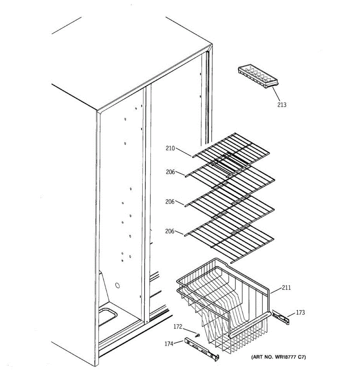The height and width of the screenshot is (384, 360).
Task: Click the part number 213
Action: [282, 105]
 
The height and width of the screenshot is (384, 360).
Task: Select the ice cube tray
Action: [258, 77]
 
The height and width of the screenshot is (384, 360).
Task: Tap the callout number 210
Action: [170, 148]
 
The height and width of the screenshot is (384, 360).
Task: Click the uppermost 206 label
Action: [170, 172]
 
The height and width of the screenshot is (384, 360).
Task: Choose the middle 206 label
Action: [170, 202]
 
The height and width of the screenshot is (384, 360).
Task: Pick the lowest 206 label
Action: [170, 231]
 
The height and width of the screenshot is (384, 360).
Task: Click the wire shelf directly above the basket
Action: [230, 238]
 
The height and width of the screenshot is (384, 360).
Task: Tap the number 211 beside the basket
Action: [286, 288]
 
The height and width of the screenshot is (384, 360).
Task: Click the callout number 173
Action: [300, 313]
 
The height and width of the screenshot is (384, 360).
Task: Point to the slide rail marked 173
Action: [281, 317]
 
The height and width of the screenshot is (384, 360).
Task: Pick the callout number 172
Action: [178, 327]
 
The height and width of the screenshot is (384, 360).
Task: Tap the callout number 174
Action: [169, 344]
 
